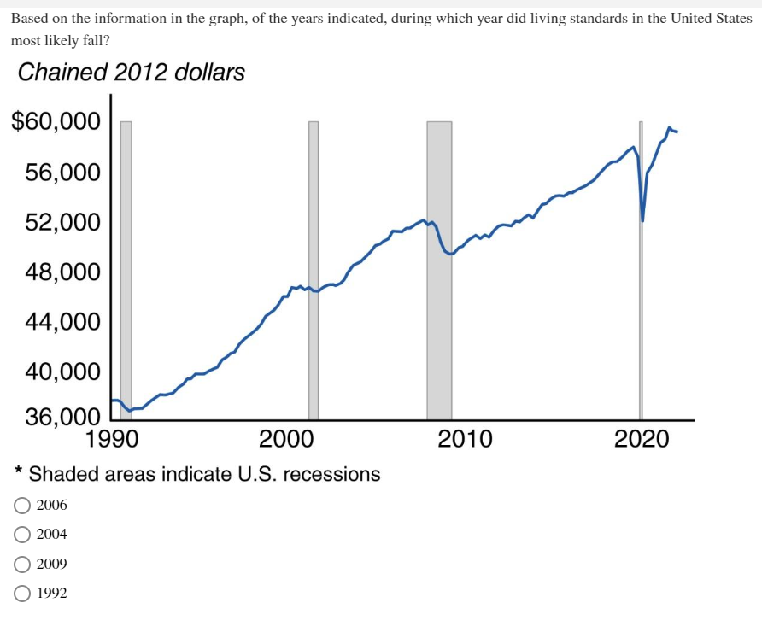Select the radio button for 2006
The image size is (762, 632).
click(x=21, y=506)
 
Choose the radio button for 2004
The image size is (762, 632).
click(x=21, y=535)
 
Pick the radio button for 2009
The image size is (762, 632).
click(x=21, y=565)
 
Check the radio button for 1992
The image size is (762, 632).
click(x=21, y=594)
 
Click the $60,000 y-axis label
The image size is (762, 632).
click(x=56, y=122)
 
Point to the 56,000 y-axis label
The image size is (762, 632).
click(x=62, y=173)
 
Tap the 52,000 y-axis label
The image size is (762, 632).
click(x=62, y=222)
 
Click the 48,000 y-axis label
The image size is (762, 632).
click(x=62, y=272)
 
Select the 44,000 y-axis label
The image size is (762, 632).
click(x=62, y=322)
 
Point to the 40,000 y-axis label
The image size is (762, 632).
click(x=62, y=372)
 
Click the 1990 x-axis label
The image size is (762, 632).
click(x=114, y=440)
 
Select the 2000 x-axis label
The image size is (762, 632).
click(x=286, y=440)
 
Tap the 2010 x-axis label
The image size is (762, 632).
click(x=465, y=440)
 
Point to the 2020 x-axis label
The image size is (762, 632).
click(x=642, y=440)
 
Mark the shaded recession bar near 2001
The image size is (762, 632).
click(x=314, y=359)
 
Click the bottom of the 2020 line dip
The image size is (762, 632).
click(x=642, y=220)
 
